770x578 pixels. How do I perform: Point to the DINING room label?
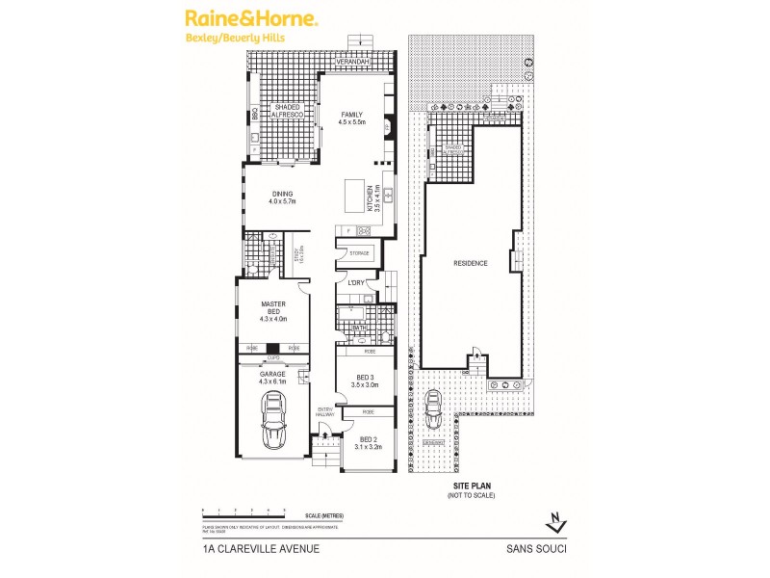281,197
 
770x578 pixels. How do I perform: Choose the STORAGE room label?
353,252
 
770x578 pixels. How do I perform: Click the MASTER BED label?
275,309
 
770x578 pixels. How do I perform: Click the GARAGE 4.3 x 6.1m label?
274,378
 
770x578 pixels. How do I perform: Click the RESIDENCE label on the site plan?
472,263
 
